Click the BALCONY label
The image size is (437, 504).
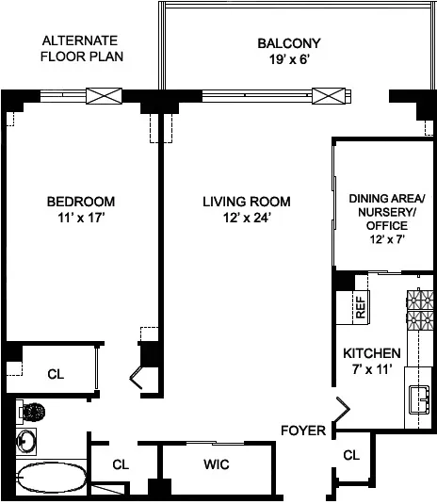(x=289, y=43)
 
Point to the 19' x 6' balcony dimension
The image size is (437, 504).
(x=289, y=60)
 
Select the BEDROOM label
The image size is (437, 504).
(x=81, y=202)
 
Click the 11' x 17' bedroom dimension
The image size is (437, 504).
(x=81, y=220)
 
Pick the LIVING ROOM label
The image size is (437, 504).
(x=246, y=202)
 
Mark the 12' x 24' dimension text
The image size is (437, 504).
(x=246, y=220)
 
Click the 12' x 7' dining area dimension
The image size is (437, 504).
(x=387, y=239)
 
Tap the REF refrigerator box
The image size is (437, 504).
(x=359, y=305)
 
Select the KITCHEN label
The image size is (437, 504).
(x=372, y=353)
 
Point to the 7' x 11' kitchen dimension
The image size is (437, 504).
(x=372, y=371)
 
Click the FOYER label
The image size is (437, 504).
(x=303, y=431)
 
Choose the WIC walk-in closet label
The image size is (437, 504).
(x=216, y=464)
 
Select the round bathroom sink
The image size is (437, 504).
(x=25, y=441)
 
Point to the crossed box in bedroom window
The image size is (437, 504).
(x=102, y=96)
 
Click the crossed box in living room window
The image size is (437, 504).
(x=329, y=96)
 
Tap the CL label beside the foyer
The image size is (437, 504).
(x=351, y=455)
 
